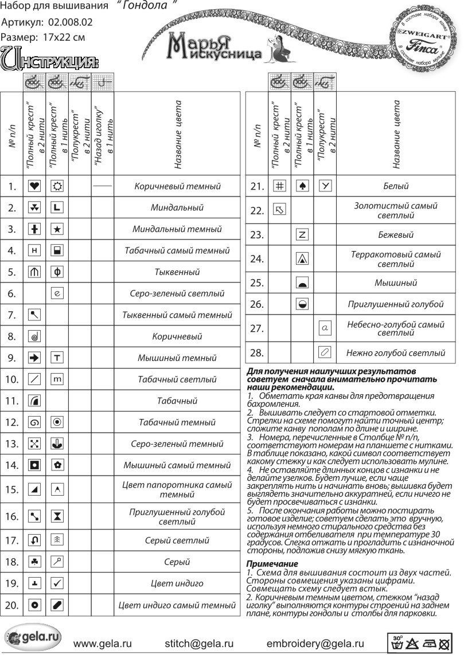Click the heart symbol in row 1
[34, 186]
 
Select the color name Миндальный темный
[177, 229]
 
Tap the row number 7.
[11, 315]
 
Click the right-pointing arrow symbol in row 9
[34, 358]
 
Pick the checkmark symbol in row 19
[57, 583]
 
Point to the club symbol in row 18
[34, 562]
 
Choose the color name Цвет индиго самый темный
[177, 605]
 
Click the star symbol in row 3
[57, 229]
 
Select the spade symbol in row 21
[303, 186]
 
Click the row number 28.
[257, 352]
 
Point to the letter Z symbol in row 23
[303, 234]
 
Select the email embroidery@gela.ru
[315, 644]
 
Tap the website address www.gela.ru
[100, 644]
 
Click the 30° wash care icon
[397, 642]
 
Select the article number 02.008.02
[71, 23]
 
